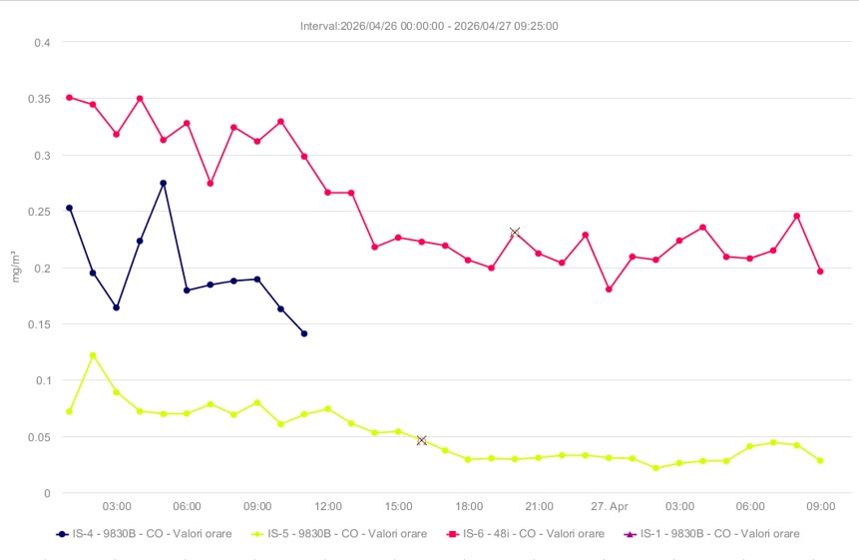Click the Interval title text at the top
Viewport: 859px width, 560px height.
coord(429,26)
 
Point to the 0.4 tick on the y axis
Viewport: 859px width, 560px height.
coord(41,42)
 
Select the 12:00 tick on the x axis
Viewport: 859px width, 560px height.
coord(327,507)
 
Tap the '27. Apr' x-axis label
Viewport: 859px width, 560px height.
coord(610,507)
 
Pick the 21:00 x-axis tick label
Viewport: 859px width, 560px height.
coord(540,507)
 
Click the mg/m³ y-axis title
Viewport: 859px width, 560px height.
coord(15,268)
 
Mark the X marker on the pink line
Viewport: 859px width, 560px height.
coord(515,233)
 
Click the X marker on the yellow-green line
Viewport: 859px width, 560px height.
coord(422,440)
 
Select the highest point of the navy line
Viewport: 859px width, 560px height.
coord(164,183)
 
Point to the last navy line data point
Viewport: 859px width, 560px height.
coord(304,333)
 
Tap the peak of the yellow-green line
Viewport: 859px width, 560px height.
coord(93,355)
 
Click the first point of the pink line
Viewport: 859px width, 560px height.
coord(69,97)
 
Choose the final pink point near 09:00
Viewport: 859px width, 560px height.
coord(820,272)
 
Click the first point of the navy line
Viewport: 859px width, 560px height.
coord(69,208)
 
